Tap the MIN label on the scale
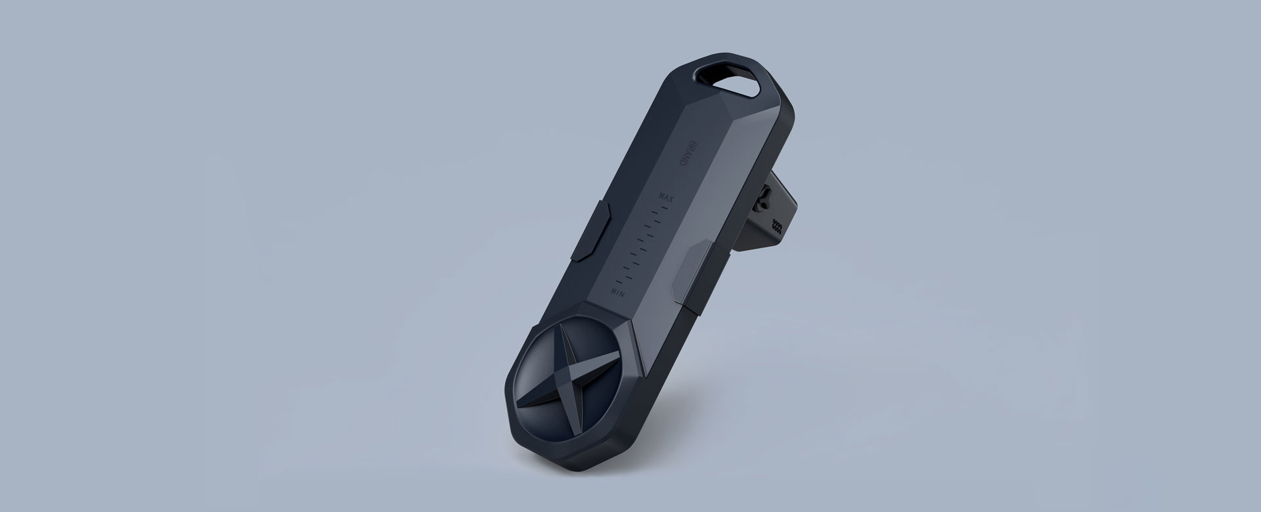tap(618, 289)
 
